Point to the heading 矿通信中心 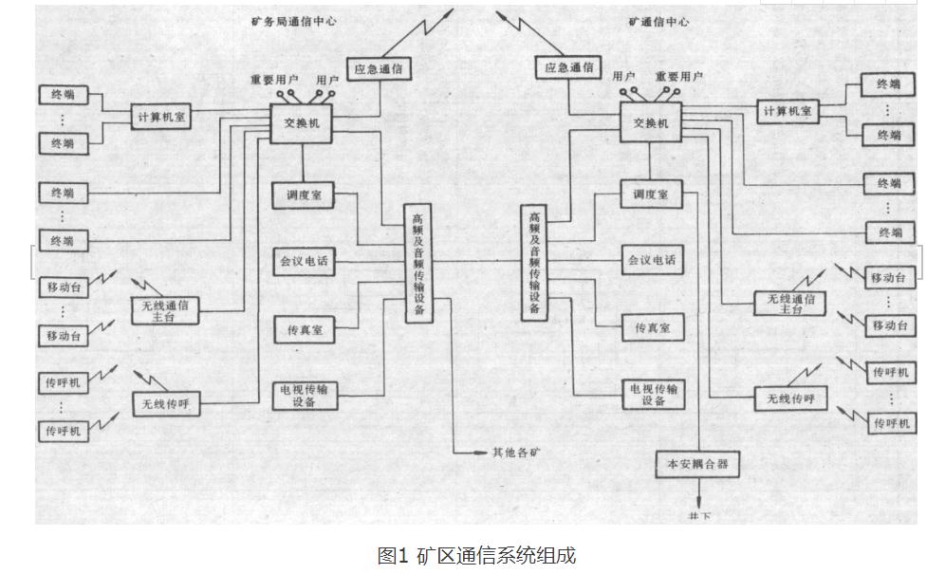658,21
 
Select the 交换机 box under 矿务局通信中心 302,123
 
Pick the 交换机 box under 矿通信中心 651,123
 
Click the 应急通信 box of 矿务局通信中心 382,69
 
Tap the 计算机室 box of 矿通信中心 789,111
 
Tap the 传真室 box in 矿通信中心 652,327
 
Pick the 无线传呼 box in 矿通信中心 785,398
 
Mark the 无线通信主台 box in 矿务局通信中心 165,310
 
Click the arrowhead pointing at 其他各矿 481,452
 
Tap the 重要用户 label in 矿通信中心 678,77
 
